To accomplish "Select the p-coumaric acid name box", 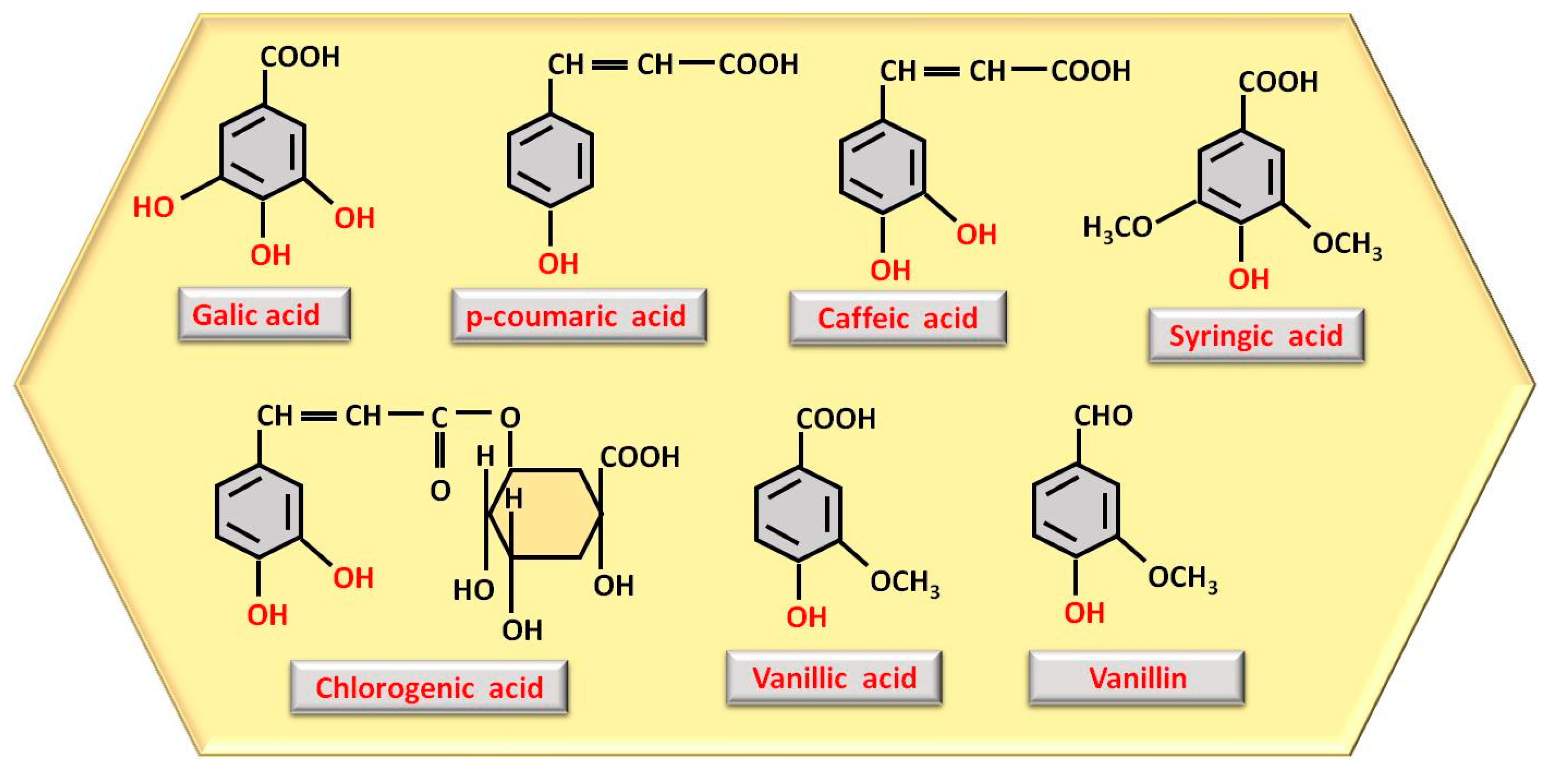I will (579, 316).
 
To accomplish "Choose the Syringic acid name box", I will (1256, 336).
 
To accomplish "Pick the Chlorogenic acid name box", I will (429, 687).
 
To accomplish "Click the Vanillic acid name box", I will (834, 678).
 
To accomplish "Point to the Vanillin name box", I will (1136, 678).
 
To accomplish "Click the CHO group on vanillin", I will (1103, 415).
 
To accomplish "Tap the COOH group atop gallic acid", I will (300, 57).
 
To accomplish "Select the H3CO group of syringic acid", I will (1117, 228).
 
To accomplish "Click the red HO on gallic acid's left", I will (153, 207).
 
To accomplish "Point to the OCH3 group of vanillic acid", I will (904, 582).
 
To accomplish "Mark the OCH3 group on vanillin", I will (1182, 578).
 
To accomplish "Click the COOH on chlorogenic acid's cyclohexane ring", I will (640, 457).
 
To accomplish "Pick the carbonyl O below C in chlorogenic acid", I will (440, 491).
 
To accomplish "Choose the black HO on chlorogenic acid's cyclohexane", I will (474, 590).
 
